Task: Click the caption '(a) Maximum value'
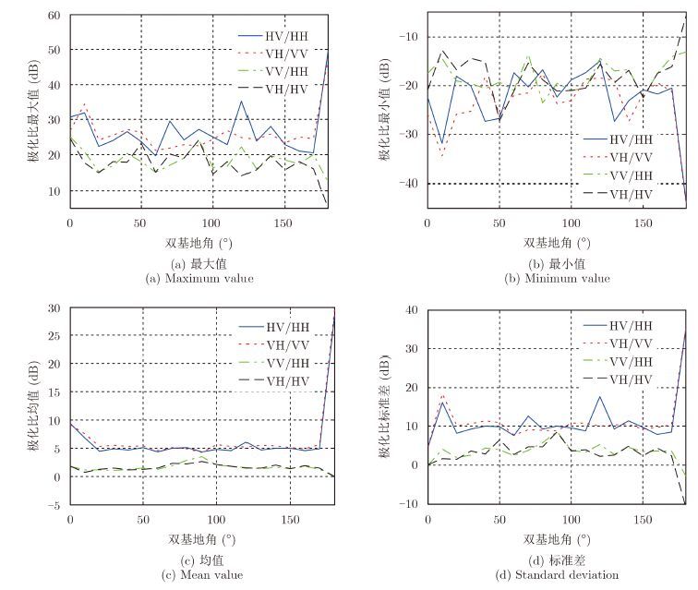pos(198,278)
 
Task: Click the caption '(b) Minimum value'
pos(555,278)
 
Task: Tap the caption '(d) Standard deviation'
pos(555,575)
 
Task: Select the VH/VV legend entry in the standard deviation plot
pos(631,344)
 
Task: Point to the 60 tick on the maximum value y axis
pos(54,16)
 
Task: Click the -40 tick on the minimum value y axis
pos(408,184)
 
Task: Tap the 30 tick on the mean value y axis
pos(54,307)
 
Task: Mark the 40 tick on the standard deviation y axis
pos(412,309)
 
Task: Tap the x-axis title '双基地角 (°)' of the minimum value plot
pos(555,244)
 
